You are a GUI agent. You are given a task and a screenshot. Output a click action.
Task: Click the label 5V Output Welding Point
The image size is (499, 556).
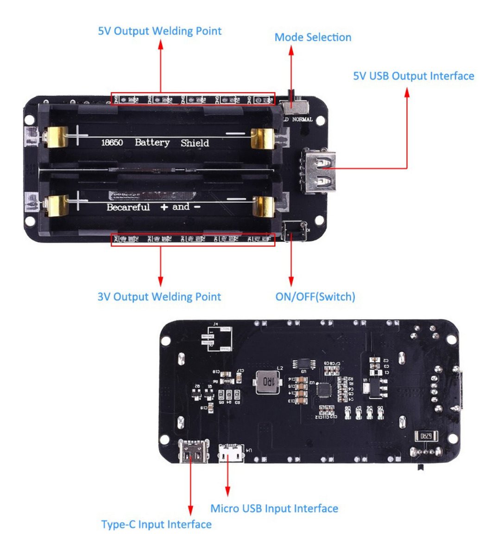pos(159,31)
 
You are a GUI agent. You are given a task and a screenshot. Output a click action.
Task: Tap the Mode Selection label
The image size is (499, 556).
pos(313,37)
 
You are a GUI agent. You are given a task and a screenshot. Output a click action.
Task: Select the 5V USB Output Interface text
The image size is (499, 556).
pos(413,76)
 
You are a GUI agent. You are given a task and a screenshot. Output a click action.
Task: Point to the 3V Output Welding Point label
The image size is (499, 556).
pos(159,297)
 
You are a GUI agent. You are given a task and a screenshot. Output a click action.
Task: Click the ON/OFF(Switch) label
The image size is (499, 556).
pos(315,297)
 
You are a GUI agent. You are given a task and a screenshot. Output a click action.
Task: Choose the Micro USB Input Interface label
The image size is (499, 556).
pos(274,508)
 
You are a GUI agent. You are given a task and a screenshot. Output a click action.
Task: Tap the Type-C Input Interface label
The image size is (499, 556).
pos(156,524)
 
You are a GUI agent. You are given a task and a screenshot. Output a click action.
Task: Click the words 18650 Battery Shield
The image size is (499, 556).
pos(155,142)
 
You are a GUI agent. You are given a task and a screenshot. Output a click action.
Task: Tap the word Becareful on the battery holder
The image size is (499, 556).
pos(128,207)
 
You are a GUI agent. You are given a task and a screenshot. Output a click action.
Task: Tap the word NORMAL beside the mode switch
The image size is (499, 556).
pos(302,120)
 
